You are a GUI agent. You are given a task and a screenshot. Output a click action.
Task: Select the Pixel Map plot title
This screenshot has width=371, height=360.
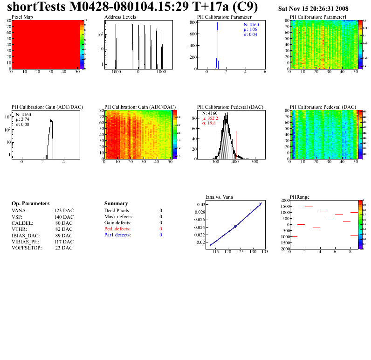pyautogui.click(x=22, y=17)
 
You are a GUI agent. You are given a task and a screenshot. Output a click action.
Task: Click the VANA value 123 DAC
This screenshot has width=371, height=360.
pyautogui.click(x=63, y=211)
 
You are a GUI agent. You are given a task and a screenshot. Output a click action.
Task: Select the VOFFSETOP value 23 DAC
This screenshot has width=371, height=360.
pyautogui.click(x=63, y=248)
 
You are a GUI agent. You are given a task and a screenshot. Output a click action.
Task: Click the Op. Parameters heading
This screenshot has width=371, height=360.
pyautogui.click(x=30, y=204)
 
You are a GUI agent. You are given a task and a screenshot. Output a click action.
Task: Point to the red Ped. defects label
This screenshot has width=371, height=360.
pyautogui.click(x=117, y=229)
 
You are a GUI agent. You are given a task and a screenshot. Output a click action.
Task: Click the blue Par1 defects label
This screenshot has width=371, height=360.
pyautogui.click(x=117, y=235)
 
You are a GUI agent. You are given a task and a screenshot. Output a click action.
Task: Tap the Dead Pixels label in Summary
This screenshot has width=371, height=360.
pyautogui.click(x=117, y=211)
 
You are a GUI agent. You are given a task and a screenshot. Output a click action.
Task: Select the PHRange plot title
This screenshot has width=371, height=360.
pyautogui.click(x=299, y=197)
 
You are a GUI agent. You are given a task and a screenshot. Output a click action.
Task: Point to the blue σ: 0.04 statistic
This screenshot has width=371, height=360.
pyautogui.click(x=250, y=35)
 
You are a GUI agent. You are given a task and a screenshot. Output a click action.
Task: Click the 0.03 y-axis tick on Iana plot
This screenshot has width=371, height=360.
pyautogui.click(x=201, y=205)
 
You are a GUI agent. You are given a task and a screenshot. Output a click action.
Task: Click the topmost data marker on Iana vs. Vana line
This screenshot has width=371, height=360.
pyautogui.click(x=261, y=204)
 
